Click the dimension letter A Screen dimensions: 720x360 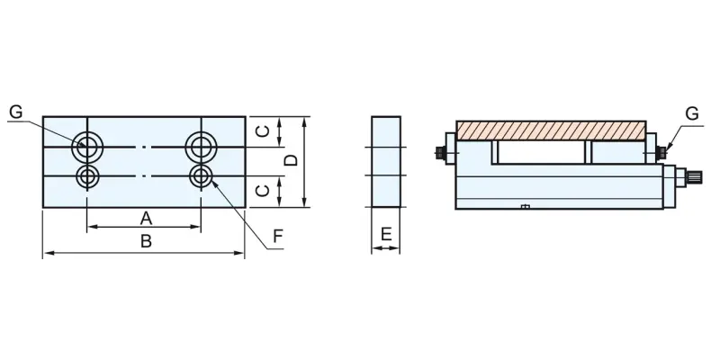[x=146, y=218]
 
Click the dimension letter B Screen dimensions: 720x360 [x=146, y=241]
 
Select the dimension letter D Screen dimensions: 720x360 [x=291, y=160]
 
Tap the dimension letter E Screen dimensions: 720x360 [x=386, y=234]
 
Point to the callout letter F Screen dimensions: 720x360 [x=278, y=236]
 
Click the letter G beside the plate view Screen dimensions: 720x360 [x=16, y=112]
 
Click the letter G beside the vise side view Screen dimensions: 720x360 [x=691, y=113]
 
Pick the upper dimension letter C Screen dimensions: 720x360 [x=263, y=131]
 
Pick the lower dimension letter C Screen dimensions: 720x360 [x=263, y=190]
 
